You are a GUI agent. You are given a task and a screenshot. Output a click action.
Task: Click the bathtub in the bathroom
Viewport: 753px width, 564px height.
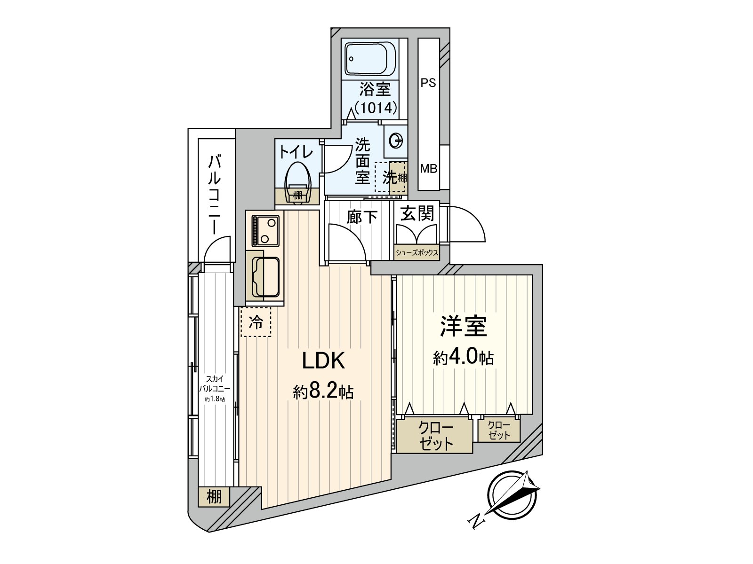[x=370, y=59]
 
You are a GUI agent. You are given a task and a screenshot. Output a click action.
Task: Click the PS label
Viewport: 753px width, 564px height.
[x=428, y=83]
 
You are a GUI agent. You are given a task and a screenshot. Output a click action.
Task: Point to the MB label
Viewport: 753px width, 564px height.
[x=429, y=169]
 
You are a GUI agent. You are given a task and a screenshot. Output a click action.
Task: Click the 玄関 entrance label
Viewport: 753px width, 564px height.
[x=417, y=213]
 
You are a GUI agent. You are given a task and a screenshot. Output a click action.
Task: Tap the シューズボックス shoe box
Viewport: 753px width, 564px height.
[x=417, y=253]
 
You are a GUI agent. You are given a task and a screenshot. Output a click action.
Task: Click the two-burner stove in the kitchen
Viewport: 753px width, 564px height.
[x=265, y=231]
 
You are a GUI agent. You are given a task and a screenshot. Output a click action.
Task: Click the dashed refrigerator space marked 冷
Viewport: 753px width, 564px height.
[x=256, y=322]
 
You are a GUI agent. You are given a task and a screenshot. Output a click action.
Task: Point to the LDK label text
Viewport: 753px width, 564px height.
[x=323, y=361]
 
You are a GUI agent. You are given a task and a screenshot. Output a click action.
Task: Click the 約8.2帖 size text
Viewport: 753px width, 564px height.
[x=323, y=392]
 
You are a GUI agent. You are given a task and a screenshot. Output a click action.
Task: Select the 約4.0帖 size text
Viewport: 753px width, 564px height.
[x=463, y=358]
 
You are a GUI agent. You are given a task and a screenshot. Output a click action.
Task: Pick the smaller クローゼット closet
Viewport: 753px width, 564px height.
[x=499, y=430]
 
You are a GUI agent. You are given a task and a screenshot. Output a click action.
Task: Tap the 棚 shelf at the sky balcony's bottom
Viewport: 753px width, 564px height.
[x=214, y=497]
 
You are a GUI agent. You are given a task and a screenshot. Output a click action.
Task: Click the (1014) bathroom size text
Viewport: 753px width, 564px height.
[x=376, y=108]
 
